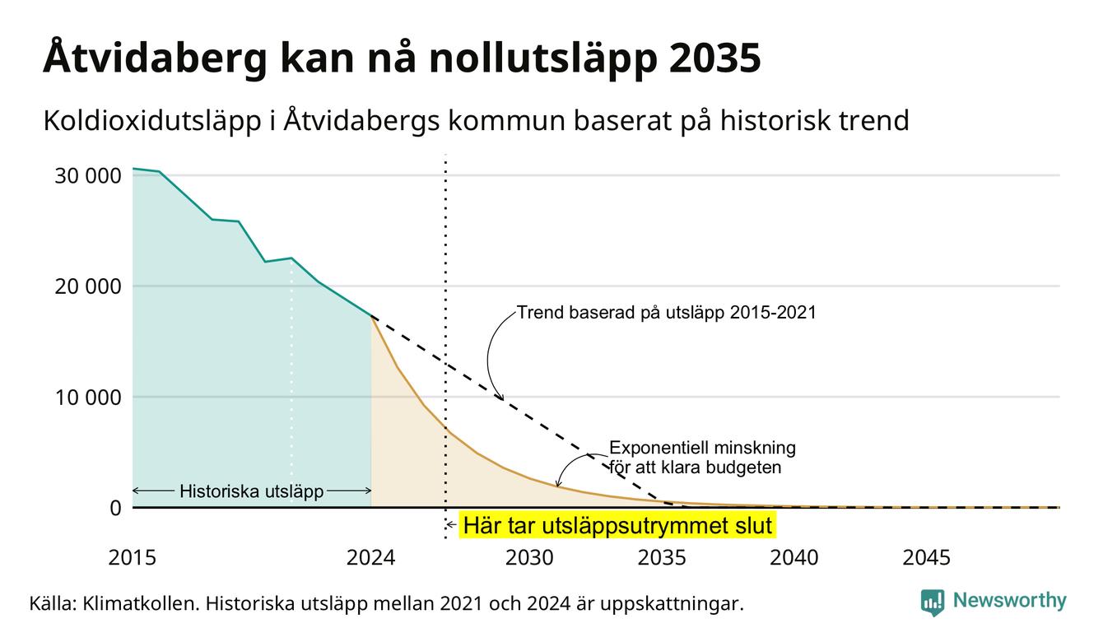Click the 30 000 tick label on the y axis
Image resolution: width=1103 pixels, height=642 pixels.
(x=87, y=176)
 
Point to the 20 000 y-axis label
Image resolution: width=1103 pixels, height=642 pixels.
(x=87, y=286)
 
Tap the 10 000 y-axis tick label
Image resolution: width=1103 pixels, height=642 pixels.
(x=87, y=398)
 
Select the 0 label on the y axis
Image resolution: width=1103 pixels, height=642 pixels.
(x=115, y=508)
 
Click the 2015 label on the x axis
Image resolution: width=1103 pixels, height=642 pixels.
(x=132, y=558)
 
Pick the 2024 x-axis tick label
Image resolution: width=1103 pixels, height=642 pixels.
(x=370, y=558)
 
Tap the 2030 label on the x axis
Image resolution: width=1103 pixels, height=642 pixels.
(x=529, y=558)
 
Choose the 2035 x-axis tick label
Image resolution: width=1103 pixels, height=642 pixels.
(x=662, y=558)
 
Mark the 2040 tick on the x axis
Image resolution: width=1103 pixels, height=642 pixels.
(x=794, y=558)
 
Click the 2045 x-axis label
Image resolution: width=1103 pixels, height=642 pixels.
(x=926, y=558)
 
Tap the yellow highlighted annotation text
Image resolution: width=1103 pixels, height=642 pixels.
(x=617, y=525)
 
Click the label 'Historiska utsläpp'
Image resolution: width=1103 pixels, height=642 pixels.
(x=251, y=491)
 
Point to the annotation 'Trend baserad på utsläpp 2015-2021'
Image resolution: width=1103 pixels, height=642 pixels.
(x=666, y=313)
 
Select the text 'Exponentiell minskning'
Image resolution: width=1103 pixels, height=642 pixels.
(x=702, y=448)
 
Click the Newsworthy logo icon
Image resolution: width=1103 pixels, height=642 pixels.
(x=932, y=602)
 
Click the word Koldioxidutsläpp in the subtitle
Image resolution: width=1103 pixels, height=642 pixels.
(x=152, y=121)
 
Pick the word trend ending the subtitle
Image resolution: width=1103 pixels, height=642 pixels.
(x=874, y=121)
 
